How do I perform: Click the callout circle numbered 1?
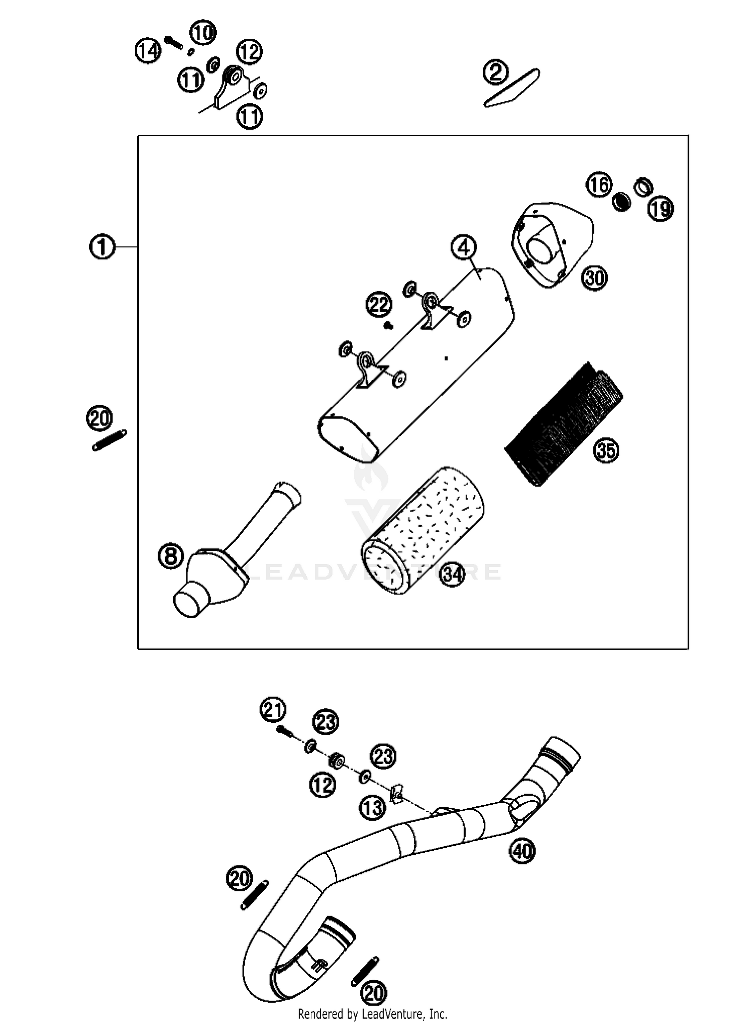click(102, 247)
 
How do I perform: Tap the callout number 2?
click(495, 73)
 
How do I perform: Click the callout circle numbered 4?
click(464, 247)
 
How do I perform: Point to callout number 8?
click(171, 556)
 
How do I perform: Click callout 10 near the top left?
click(202, 33)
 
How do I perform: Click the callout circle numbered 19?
click(660, 208)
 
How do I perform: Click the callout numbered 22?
click(379, 304)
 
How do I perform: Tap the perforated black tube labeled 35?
click(564, 425)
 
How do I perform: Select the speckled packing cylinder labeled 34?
click(423, 529)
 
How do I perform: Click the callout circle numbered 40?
click(522, 852)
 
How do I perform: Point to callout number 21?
click(273, 709)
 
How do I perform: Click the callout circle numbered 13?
click(373, 808)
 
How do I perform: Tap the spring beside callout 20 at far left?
click(109, 440)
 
